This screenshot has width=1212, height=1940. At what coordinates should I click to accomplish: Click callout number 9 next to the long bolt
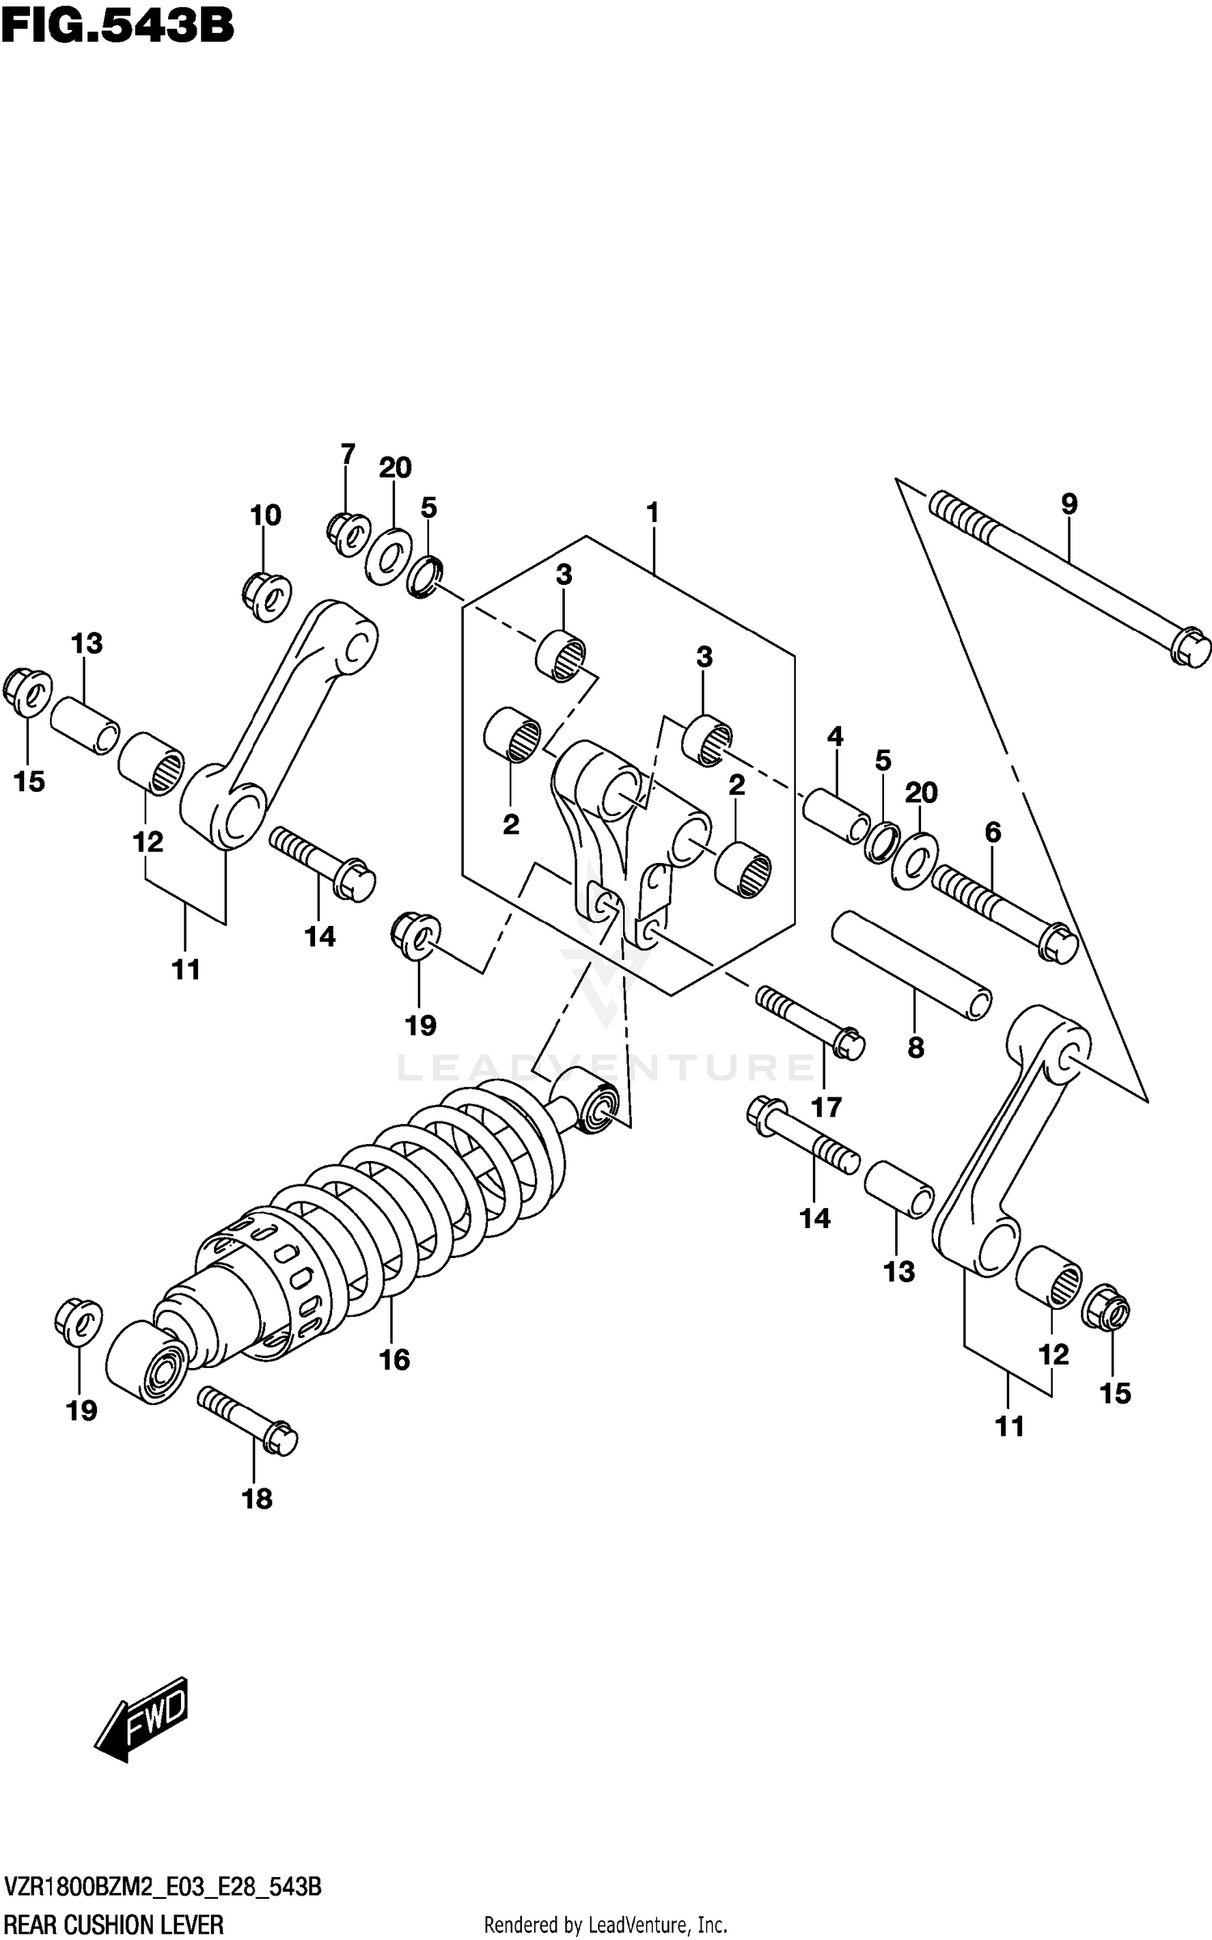(x=1068, y=504)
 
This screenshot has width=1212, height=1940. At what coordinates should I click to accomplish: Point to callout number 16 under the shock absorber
(x=394, y=1360)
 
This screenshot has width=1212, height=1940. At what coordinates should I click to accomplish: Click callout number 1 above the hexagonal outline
(x=652, y=512)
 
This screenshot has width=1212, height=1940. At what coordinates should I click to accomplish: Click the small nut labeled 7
(x=348, y=534)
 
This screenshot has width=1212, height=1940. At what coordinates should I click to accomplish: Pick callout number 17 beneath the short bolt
(x=827, y=1107)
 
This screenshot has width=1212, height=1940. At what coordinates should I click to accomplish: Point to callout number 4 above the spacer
(x=835, y=736)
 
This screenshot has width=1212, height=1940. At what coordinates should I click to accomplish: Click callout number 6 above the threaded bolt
(x=992, y=832)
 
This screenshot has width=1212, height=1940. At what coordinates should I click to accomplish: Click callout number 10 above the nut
(x=265, y=515)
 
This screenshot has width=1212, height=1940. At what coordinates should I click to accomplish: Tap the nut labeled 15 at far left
(x=27, y=692)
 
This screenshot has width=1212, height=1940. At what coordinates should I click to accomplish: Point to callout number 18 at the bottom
(x=257, y=1500)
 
